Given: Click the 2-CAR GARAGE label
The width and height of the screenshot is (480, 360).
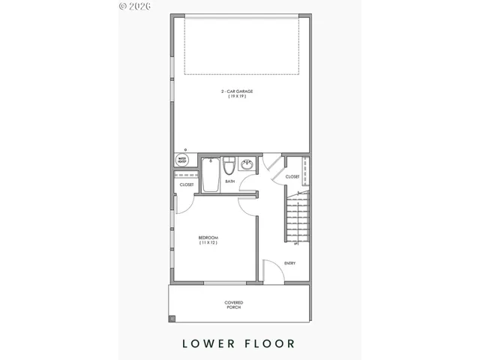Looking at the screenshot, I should [236, 91].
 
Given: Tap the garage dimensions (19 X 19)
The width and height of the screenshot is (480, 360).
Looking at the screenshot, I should [236, 97].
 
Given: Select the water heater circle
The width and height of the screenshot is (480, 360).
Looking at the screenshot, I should [182, 160].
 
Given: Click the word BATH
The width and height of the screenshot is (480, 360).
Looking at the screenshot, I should [230, 181].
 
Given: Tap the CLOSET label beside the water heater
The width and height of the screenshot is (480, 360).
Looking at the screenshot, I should [187, 184].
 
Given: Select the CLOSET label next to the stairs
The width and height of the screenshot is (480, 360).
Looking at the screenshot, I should [292, 177].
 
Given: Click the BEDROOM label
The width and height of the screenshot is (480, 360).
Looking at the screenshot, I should [208, 238].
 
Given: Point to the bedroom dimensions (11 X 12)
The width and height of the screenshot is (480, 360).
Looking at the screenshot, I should [208, 244].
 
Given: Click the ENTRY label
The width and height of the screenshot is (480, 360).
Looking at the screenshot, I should [289, 262].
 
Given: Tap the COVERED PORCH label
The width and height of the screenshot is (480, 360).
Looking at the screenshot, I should [234, 304].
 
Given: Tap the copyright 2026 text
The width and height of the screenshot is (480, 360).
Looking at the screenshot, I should [134, 5].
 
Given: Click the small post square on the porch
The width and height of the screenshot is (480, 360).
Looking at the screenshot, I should [172, 319].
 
